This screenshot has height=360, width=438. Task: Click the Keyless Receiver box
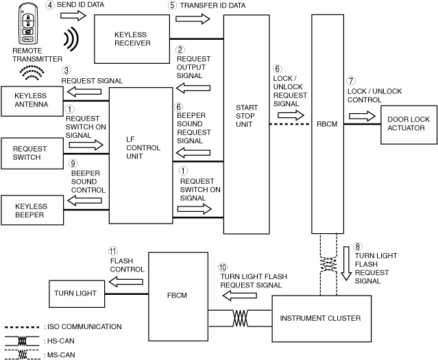click(132, 38)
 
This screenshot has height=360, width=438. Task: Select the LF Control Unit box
click(141, 156)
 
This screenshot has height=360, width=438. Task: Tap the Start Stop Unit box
click(246, 117)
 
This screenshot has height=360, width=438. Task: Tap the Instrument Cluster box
click(320, 318)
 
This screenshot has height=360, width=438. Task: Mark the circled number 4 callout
click(50, 5)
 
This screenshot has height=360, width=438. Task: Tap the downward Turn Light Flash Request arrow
click(345, 265)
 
